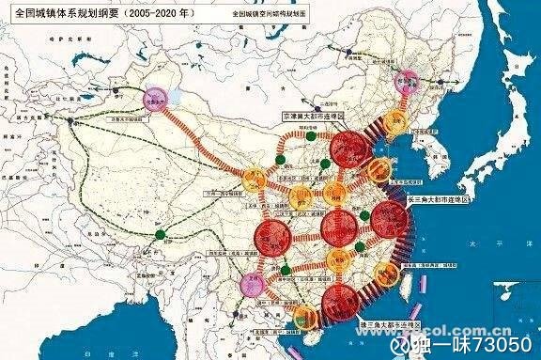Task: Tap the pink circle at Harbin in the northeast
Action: point(408,81)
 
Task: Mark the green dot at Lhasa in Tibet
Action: point(161,232)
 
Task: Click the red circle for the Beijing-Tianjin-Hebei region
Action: point(348,151)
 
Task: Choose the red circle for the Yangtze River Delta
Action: point(389,220)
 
